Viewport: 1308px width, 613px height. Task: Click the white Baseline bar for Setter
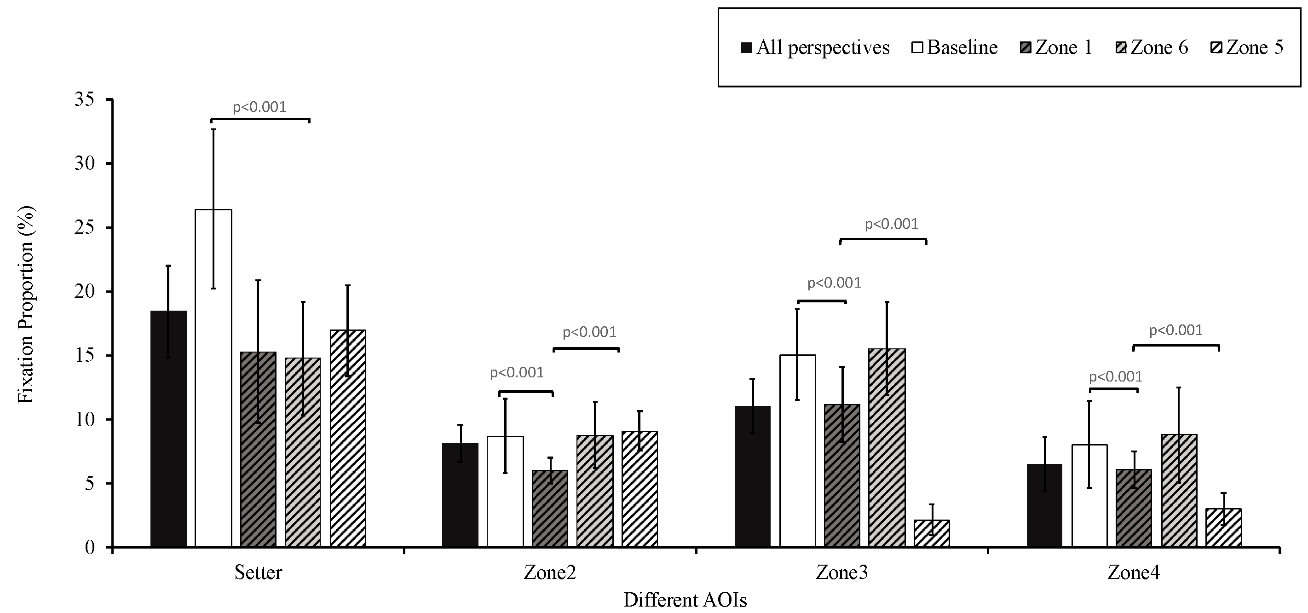coord(213,378)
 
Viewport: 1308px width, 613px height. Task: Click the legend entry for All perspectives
coord(815,48)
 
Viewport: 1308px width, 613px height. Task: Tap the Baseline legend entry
coord(955,48)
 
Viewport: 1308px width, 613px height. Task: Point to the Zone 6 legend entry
coord(1152,48)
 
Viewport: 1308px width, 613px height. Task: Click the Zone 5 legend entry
coord(1248,48)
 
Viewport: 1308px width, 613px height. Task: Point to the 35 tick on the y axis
coord(84,99)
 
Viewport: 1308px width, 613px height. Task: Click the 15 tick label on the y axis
coord(84,355)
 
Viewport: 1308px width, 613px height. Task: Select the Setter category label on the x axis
coord(258,573)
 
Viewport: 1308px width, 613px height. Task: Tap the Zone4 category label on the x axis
coord(1133,573)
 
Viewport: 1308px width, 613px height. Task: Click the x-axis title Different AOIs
coord(685,600)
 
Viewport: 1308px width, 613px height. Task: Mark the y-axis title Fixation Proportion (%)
coord(25,305)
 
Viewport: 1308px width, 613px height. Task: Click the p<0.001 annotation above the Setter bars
coord(259,107)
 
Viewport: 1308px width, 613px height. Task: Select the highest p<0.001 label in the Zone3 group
coord(892,224)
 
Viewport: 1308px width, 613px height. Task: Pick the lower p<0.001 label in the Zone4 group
coord(1116,377)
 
